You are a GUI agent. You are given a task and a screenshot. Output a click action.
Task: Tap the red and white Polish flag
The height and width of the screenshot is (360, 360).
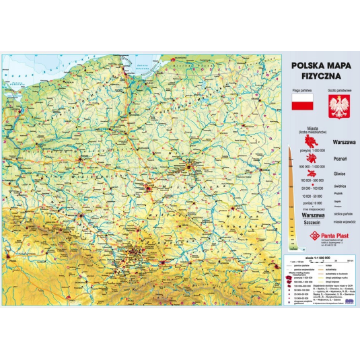coord(301,103)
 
